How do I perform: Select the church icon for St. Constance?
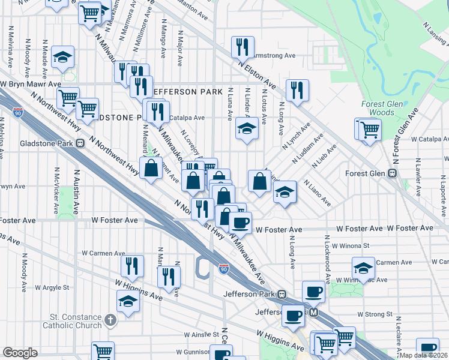pyautogui.click(x=110, y=320)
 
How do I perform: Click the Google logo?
pyautogui.click(x=20, y=353)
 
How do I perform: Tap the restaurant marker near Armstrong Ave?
pyautogui.click(x=243, y=47)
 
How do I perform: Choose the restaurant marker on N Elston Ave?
pyautogui.click(x=297, y=90)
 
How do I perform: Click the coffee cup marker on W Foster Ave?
pyautogui.click(x=241, y=223)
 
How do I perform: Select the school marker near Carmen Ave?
pyautogui.click(x=363, y=268)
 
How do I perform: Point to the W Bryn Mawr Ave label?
pyautogui.click(x=31, y=85)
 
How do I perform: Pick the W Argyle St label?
pyautogui.click(x=53, y=287)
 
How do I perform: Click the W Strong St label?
pyautogui.click(x=375, y=314)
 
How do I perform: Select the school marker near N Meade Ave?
pyautogui.click(x=63, y=57)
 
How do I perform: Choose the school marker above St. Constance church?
pyautogui.click(x=128, y=301)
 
